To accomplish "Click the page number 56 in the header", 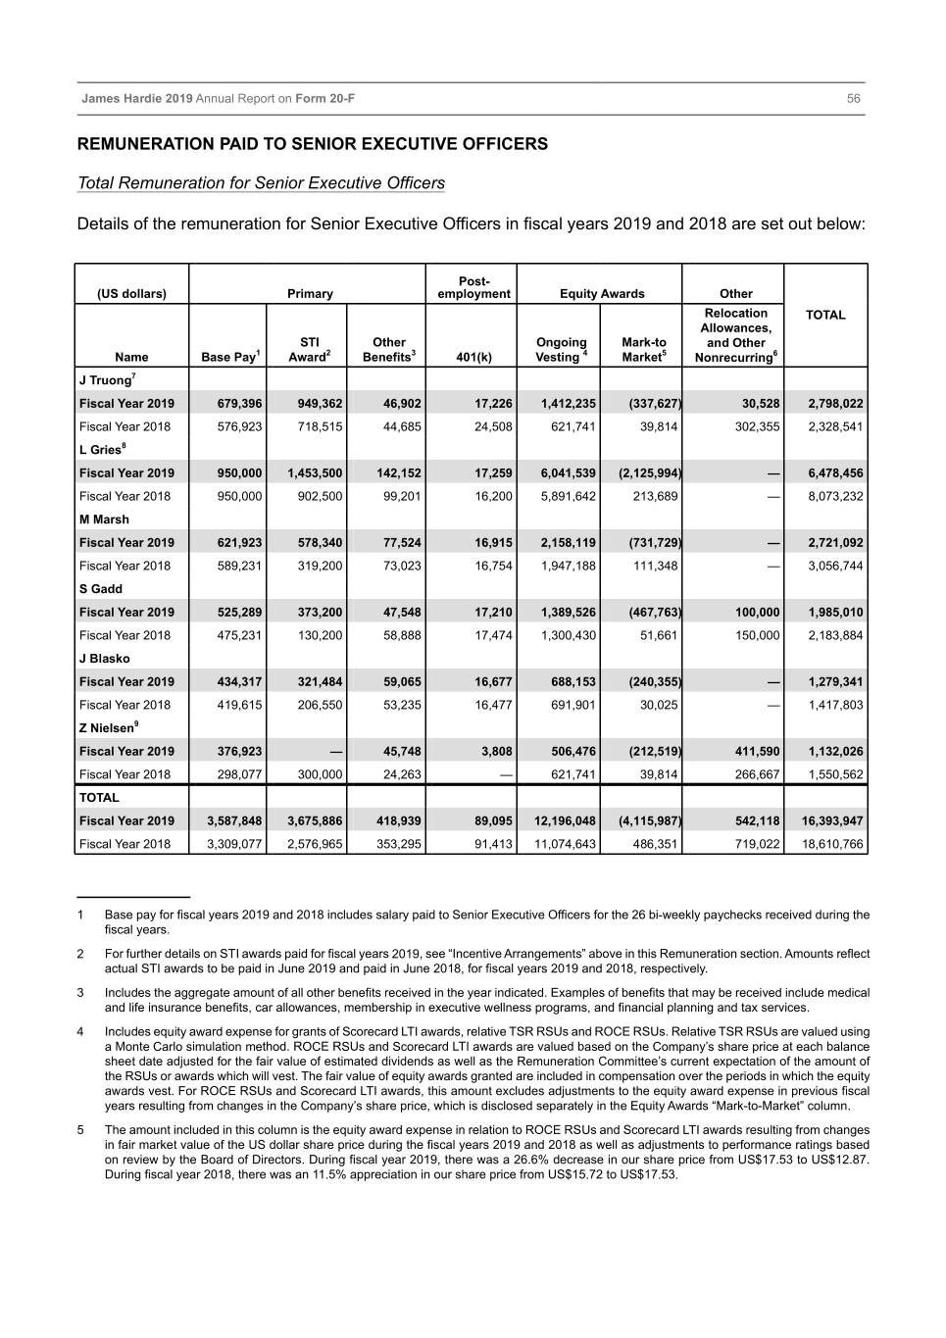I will click(x=853, y=99).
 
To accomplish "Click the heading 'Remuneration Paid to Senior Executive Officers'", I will click(x=313, y=144).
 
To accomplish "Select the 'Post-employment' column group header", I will click(x=473, y=287).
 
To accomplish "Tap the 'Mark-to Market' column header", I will click(x=644, y=350).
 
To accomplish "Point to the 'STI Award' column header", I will click(x=310, y=350).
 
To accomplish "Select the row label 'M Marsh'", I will click(x=104, y=520).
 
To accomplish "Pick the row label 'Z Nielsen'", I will click(x=108, y=728).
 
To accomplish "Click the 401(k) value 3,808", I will click(x=496, y=751).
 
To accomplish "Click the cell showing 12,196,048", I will click(x=565, y=820).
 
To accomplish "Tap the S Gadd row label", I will click(x=101, y=589).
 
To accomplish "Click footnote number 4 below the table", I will click(x=80, y=1032).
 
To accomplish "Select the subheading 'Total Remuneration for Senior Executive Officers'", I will click(x=261, y=183).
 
